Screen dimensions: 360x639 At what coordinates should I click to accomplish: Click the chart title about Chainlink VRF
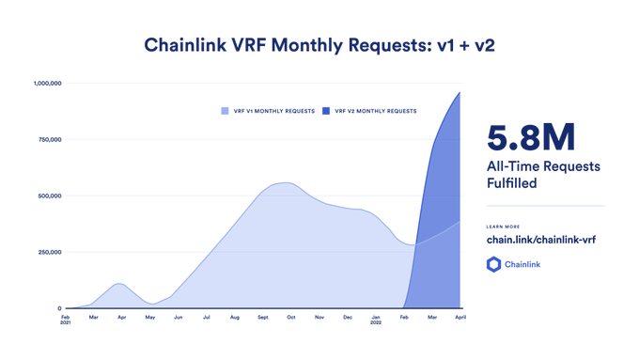tap(319, 44)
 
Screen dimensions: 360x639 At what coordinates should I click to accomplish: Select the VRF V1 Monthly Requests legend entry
tap(268, 111)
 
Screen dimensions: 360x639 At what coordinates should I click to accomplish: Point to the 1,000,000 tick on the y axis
tap(46, 84)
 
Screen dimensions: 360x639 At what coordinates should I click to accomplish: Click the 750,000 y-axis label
tap(48, 140)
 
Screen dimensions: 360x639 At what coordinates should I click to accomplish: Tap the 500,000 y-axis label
tap(48, 196)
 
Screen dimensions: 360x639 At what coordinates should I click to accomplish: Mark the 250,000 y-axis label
tap(48, 252)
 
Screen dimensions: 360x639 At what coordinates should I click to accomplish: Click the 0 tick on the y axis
tap(59, 308)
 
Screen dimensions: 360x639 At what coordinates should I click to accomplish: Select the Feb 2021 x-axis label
tap(66, 320)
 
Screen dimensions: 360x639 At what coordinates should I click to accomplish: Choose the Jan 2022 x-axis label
tap(376, 320)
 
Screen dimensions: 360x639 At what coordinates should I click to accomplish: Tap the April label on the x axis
tap(460, 317)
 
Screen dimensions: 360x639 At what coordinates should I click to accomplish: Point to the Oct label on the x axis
tap(291, 317)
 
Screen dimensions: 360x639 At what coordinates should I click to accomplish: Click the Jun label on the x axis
tap(179, 317)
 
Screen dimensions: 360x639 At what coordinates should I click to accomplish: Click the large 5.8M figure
tap(531, 138)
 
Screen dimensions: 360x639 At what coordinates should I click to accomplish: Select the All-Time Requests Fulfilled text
tap(542, 175)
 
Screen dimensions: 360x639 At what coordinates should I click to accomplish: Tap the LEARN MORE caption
tap(503, 227)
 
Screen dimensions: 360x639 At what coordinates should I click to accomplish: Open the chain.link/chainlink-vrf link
tap(540, 240)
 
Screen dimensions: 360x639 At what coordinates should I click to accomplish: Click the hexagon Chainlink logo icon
tap(493, 265)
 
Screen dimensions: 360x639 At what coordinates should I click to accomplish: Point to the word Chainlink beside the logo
tap(522, 265)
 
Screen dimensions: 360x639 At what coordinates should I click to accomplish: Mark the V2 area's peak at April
tap(460, 92)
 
